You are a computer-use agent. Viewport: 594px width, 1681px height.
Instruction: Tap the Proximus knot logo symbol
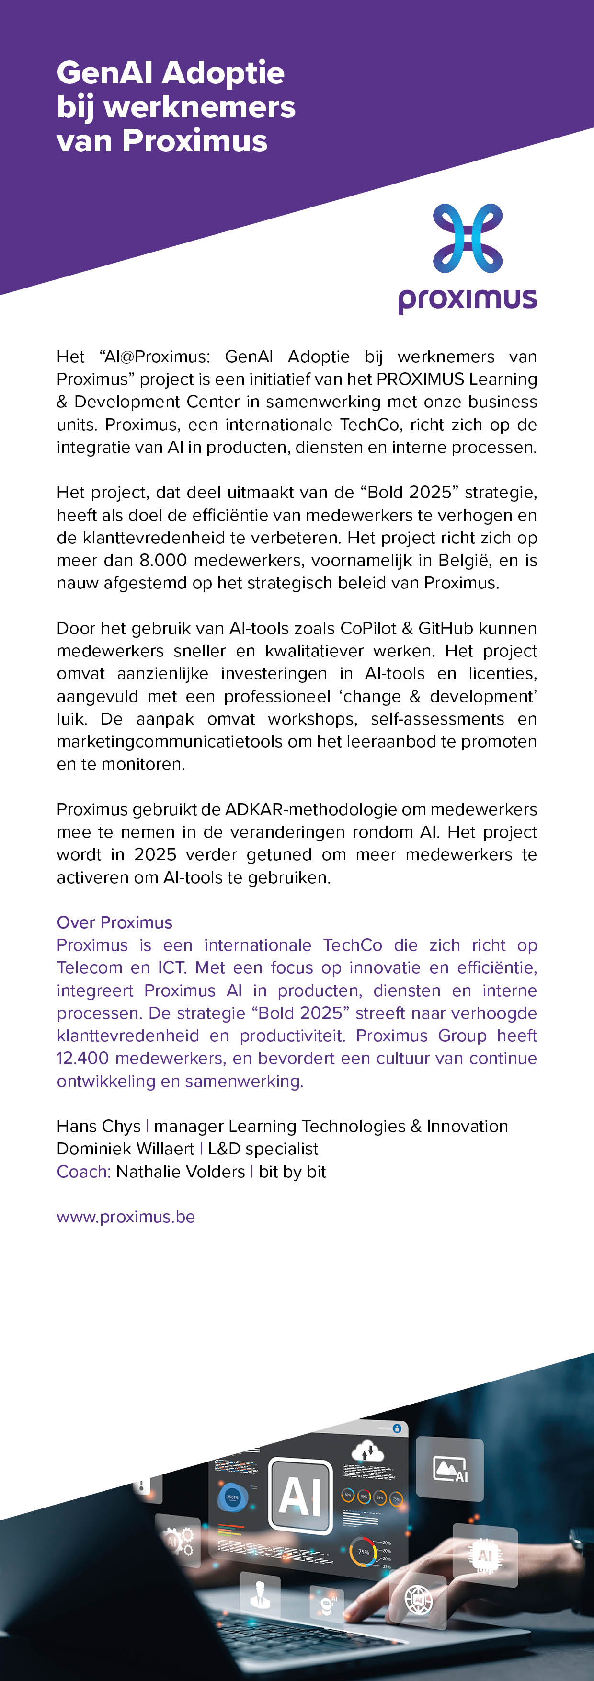468,238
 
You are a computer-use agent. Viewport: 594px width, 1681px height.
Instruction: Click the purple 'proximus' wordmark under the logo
468,299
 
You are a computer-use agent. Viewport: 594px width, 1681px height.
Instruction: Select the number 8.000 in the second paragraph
163,560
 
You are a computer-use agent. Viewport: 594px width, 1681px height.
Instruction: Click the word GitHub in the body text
445,628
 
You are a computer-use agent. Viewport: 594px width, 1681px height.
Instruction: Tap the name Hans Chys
99,1126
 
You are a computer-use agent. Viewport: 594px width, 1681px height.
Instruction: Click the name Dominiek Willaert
125,1149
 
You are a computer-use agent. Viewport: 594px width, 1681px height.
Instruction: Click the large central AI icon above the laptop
300,1495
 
